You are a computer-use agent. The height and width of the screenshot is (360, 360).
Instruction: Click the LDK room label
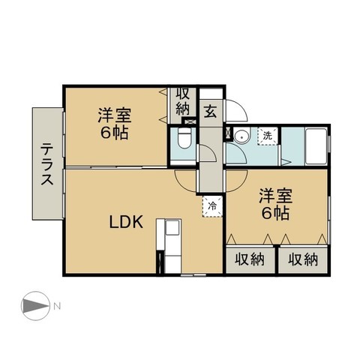(126, 221)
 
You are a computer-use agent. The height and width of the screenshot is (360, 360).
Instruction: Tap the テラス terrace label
(47, 163)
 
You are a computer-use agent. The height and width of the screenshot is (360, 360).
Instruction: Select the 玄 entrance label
(211, 112)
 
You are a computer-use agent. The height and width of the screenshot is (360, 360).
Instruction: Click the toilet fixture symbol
(184, 139)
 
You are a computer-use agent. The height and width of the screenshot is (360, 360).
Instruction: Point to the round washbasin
(242, 136)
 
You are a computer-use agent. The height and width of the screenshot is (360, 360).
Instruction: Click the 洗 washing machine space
(268, 136)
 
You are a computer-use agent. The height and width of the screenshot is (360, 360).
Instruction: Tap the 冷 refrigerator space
(212, 206)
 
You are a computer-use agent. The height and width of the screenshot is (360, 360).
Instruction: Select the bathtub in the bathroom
(316, 146)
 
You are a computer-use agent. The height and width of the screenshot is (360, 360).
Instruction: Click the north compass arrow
(35, 306)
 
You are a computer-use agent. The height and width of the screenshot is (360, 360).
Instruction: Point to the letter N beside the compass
(57, 306)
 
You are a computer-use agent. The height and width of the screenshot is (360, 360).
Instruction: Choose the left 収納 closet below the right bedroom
(250, 259)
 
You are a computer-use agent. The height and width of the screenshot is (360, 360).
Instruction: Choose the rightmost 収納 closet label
(303, 259)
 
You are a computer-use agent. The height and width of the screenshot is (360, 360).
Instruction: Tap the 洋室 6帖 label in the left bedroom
(115, 124)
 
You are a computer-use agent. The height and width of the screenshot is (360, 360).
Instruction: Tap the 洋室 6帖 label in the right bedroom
(275, 205)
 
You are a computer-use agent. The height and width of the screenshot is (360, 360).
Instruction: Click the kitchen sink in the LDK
(173, 228)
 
